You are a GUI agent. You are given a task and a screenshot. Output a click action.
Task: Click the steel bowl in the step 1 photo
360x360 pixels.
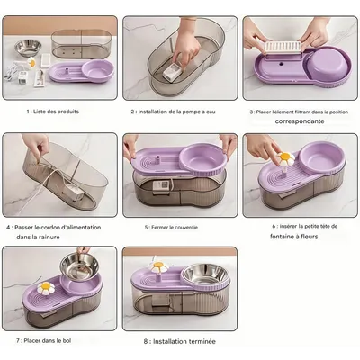point(28,47)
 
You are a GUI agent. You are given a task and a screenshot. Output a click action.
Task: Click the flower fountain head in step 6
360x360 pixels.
point(285,158)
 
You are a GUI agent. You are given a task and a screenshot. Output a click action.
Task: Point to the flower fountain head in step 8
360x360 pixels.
point(159,267)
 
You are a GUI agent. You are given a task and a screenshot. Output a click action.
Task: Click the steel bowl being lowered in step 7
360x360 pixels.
point(79,265)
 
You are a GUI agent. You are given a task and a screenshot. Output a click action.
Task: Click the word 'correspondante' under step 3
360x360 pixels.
point(300,121)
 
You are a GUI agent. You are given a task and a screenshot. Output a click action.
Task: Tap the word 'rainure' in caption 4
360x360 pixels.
point(49,237)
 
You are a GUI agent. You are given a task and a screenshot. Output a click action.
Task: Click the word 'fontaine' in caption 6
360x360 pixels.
point(282,237)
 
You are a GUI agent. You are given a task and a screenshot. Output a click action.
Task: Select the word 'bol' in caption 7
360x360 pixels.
point(67,341)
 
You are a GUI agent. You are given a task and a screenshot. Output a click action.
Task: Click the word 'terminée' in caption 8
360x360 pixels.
point(202,341)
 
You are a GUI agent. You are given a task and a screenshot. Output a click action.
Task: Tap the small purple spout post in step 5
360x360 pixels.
point(157,159)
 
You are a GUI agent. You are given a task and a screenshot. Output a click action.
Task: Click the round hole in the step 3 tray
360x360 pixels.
point(282,64)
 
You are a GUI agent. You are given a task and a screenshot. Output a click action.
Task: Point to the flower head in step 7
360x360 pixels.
point(46,288)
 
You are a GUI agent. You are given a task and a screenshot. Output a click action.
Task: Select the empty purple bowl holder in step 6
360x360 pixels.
point(322,156)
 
